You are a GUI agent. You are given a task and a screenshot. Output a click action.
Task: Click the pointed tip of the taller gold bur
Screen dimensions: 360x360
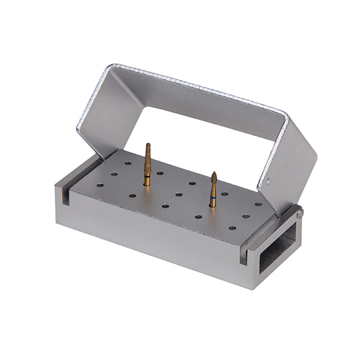coord(148,145)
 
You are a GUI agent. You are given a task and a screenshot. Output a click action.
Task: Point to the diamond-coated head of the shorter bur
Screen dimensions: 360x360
coord(213,181)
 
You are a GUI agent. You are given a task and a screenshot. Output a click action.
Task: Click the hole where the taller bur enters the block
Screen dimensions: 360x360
coord(146,184)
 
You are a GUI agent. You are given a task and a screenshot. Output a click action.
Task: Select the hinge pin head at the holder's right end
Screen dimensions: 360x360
coord(299,211)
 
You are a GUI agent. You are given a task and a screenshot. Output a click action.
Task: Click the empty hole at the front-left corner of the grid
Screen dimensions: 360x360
coord(98,185)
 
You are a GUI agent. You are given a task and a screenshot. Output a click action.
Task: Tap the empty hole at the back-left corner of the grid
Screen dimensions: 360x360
coord(128,163)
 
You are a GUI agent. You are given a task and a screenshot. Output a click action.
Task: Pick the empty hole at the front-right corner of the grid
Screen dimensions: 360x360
coord(232,228)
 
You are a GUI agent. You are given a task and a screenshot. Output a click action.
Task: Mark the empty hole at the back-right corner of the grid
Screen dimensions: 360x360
coord(258,205)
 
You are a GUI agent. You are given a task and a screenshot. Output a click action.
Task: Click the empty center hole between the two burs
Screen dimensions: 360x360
coord(178,194)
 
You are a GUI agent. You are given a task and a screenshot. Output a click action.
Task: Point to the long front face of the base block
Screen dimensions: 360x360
coord(156,234)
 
